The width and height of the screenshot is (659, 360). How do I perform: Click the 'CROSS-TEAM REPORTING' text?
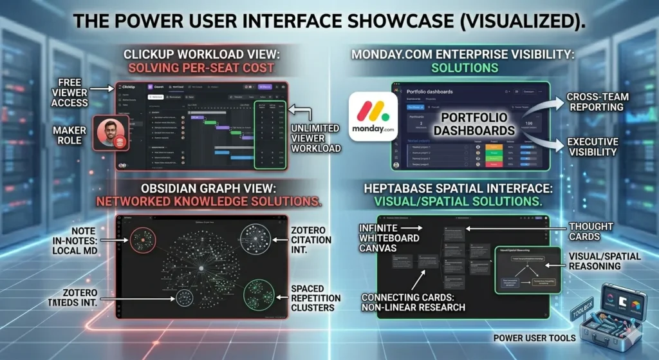(598, 102)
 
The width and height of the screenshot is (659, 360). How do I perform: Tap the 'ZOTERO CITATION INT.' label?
(311, 240)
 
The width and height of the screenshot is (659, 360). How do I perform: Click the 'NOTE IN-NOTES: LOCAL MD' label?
(80, 240)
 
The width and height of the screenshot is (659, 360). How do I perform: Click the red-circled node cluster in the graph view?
(143, 240)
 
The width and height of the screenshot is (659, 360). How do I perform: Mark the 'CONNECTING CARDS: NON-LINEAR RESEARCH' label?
(412, 302)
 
